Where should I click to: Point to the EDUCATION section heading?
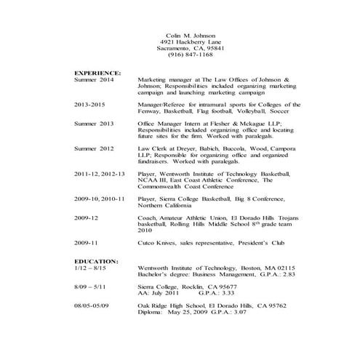[x=97, y=260]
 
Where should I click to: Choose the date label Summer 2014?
[x=95, y=80]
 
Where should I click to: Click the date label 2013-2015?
[x=92, y=104]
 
